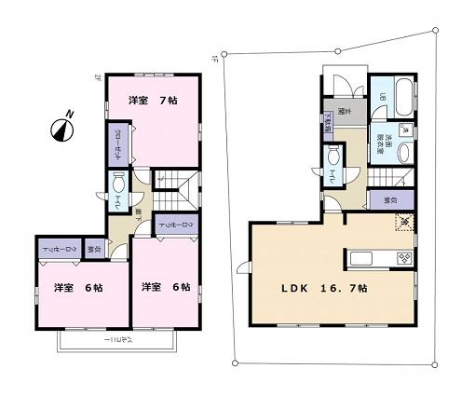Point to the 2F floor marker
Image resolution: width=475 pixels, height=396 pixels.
(97, 77)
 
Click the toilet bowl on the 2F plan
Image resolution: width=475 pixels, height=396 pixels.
(118, 184)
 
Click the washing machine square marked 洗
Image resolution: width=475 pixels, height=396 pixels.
(404, 130)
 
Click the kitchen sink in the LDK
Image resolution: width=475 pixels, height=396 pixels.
(361, 258)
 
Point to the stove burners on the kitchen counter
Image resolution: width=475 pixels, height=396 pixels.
(404, 258)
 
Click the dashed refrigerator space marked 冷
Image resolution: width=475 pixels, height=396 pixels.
(404, 224)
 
